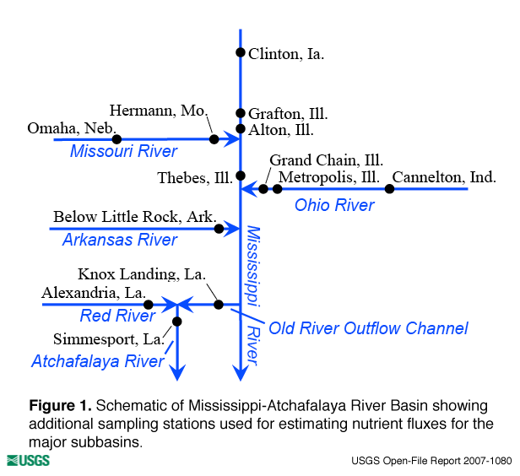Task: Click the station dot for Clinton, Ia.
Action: (x=241, y=52)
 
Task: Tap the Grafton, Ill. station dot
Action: (x=241, y=113)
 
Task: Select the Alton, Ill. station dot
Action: (x=241, y=129)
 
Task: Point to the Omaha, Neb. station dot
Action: (x=117, y=139)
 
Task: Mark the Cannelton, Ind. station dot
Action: (x=389, y=189)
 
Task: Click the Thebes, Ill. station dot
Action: (x=241, y=176)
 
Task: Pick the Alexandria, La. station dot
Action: (x=149, y=304)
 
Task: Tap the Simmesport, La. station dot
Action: (x=177, y=322)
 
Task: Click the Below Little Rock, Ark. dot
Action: (x=219, y=229)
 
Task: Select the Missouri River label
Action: (x=124, y=152)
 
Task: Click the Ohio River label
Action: (x=334, y=205)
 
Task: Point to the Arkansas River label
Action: (x=120, y=241)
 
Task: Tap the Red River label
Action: (x=118, y=316)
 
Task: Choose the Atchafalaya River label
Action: (x=98, y=362)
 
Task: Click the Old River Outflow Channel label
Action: (x=368, y=328)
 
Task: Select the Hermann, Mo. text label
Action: (x=159, y=111)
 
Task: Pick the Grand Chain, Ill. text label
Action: (x=327, y=160)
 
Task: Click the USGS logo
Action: (x=28, y=460)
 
